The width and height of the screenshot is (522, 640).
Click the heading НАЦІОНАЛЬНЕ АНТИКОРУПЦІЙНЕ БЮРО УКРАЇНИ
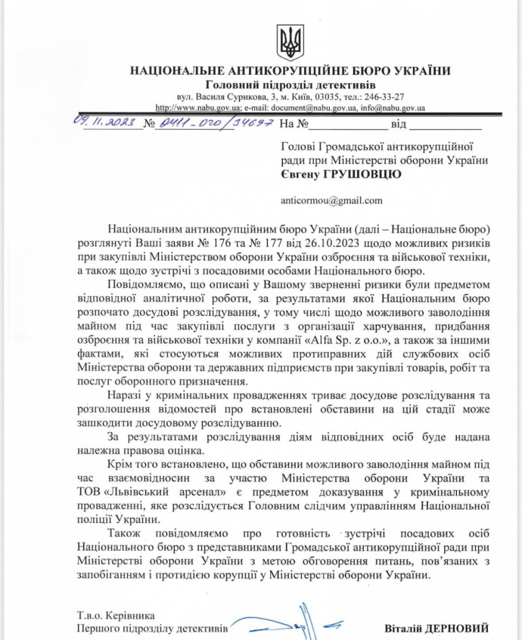coord(290,71)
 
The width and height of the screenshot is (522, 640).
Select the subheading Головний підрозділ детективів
coord(291,85)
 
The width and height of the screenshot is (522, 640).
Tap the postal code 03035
coord(330,97)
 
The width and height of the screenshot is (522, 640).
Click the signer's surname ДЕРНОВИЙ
coord(461,628)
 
